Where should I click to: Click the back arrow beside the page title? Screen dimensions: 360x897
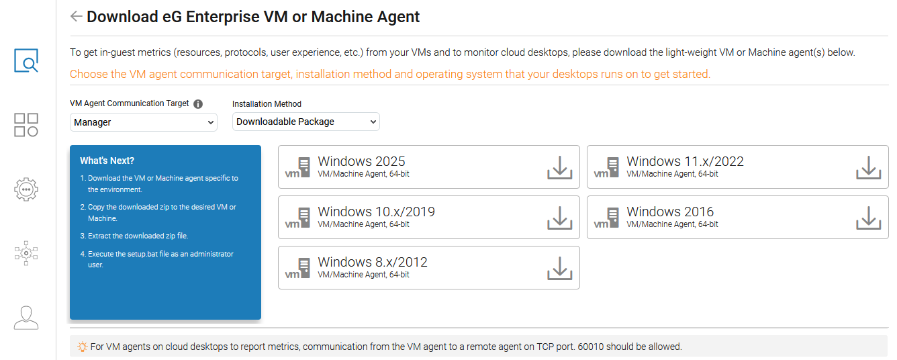coord(76,17)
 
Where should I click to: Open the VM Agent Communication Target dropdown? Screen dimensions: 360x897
coord(143,122)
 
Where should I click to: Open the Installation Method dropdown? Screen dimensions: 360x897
coord(305,122)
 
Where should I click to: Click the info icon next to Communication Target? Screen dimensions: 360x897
coord(198,104)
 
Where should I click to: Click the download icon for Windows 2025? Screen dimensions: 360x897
coord(559,168)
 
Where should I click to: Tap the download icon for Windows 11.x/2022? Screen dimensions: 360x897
coord(868,168)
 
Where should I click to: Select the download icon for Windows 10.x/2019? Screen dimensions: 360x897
coord(559,218)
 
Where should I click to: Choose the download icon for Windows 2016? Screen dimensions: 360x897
coord(868,218)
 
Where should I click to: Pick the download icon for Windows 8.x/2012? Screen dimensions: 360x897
coord(559,269)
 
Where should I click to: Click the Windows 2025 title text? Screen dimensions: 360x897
coord(361,161)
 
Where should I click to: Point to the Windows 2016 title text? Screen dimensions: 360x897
coord(670,212)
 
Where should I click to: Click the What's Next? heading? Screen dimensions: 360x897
coord(107,161)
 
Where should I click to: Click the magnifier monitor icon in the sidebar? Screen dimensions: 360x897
coord(26,60)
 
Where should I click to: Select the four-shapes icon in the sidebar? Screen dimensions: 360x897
coord(26,125)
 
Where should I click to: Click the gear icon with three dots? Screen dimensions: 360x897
coord(26,189)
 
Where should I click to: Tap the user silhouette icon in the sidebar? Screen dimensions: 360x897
coord(26,318)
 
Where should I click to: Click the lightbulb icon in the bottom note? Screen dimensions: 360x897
coord(82,347)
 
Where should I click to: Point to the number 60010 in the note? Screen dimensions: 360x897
coord(591,347)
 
